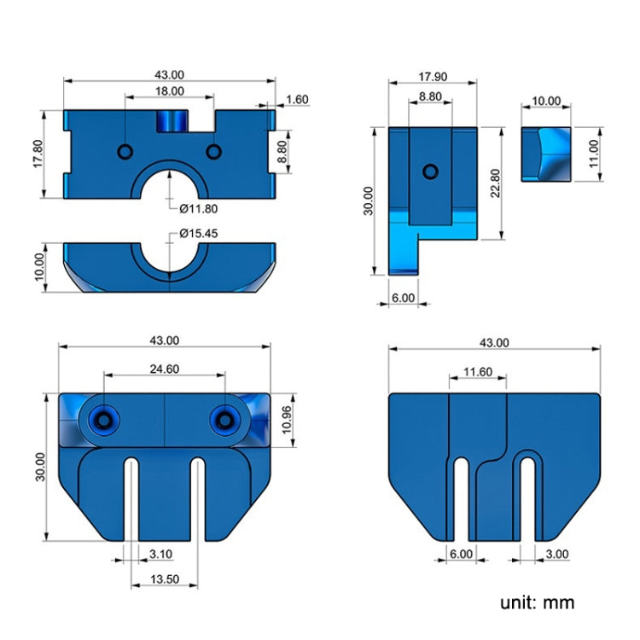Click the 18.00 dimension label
(169, 90)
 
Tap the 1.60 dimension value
(297, 100)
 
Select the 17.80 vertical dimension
(37, 153)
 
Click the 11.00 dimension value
(593, 154)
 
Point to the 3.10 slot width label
(160, 554)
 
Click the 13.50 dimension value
(165, 579)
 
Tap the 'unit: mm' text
(538, 602)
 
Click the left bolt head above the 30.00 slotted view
(106, 420)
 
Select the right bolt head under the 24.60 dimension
(225, 420)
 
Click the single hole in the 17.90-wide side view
(431, 172)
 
